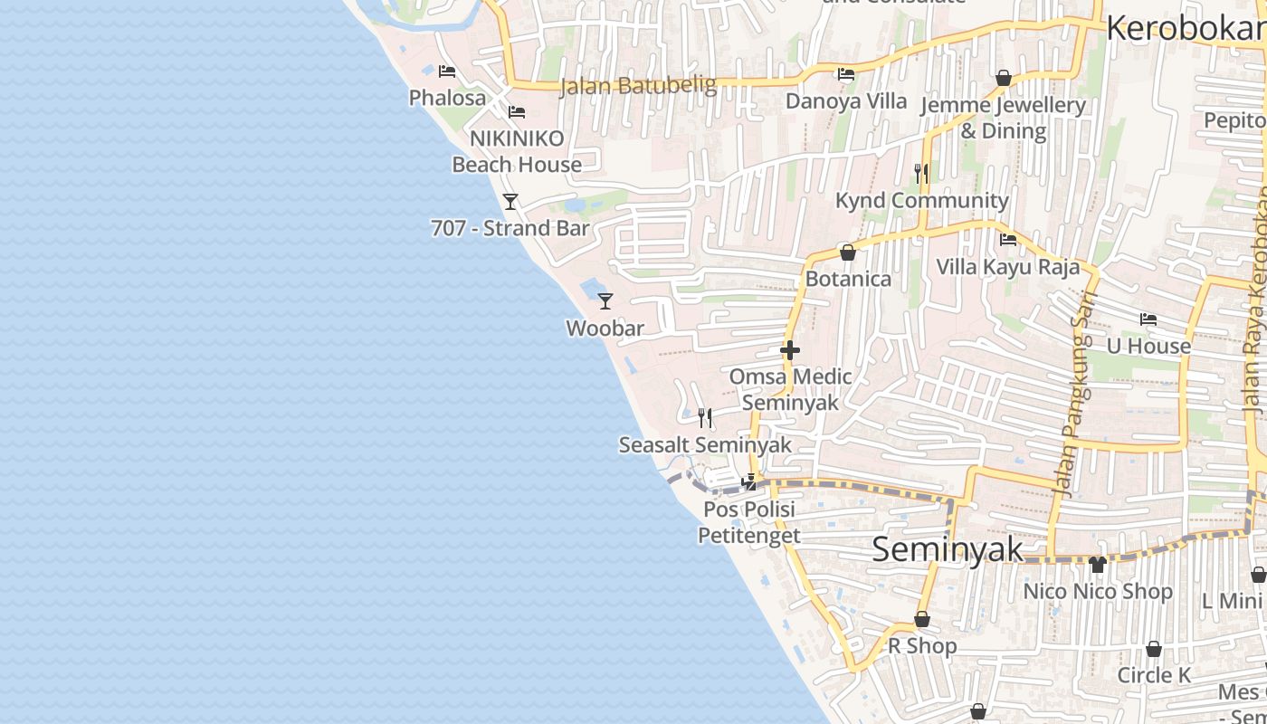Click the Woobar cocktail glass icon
(605, 301)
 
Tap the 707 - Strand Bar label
(510, 228)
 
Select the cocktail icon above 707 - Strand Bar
(510, 201)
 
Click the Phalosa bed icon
(447, 71)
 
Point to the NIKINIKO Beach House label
(517, 151)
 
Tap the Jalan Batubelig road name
(638, 86)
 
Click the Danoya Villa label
(846, 100)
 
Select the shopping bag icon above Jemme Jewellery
(1003, 79)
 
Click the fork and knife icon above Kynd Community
(921, 173)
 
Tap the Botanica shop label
(848, 279)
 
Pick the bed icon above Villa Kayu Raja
(1008, 240)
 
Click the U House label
(1148, 346)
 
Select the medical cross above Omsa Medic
(790, 350)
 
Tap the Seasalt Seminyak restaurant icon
(705, 417)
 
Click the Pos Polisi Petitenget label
(749, 522)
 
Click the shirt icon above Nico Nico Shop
(1098, 565)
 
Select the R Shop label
(922, 646)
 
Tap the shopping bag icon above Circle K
(1154, 649)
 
